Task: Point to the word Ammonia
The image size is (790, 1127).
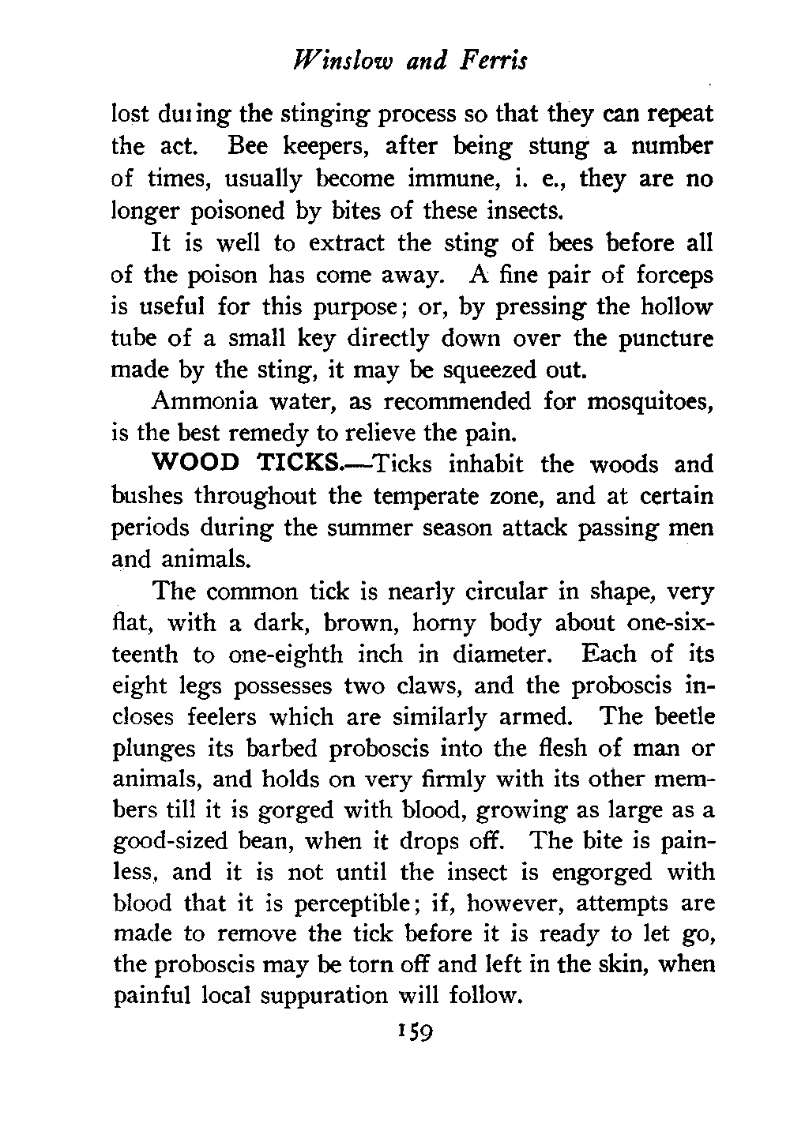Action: pyautogui.click(x=201, y=401)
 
